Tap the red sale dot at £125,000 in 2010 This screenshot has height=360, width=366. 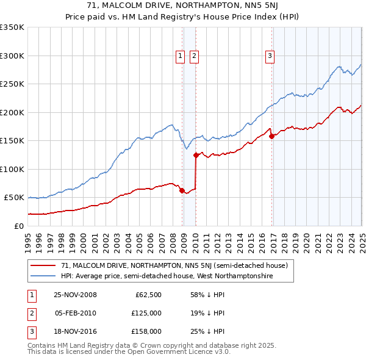pyautogui.click(x=196, y=155)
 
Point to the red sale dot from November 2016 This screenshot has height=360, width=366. pyautogui.click(x=271, y=136)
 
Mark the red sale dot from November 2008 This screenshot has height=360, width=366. pyautogui.click(x=182, y=190)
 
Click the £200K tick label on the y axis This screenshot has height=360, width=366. pyautogui.click(x=12, y=112)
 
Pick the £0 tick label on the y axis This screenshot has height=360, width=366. pyautogui.click(x=19, y=226)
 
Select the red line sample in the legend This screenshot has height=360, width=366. pyautogui.click(x=43, y=265)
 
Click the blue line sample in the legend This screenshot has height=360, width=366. pyautogui.click(x=43, y=276)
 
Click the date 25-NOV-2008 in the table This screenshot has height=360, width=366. pyautogui.click(x=75, y=295)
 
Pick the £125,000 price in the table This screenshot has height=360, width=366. pyautogui.click(x=147, y=313)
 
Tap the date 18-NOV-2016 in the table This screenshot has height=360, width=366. pyautogui.click(x=75, y=331)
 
